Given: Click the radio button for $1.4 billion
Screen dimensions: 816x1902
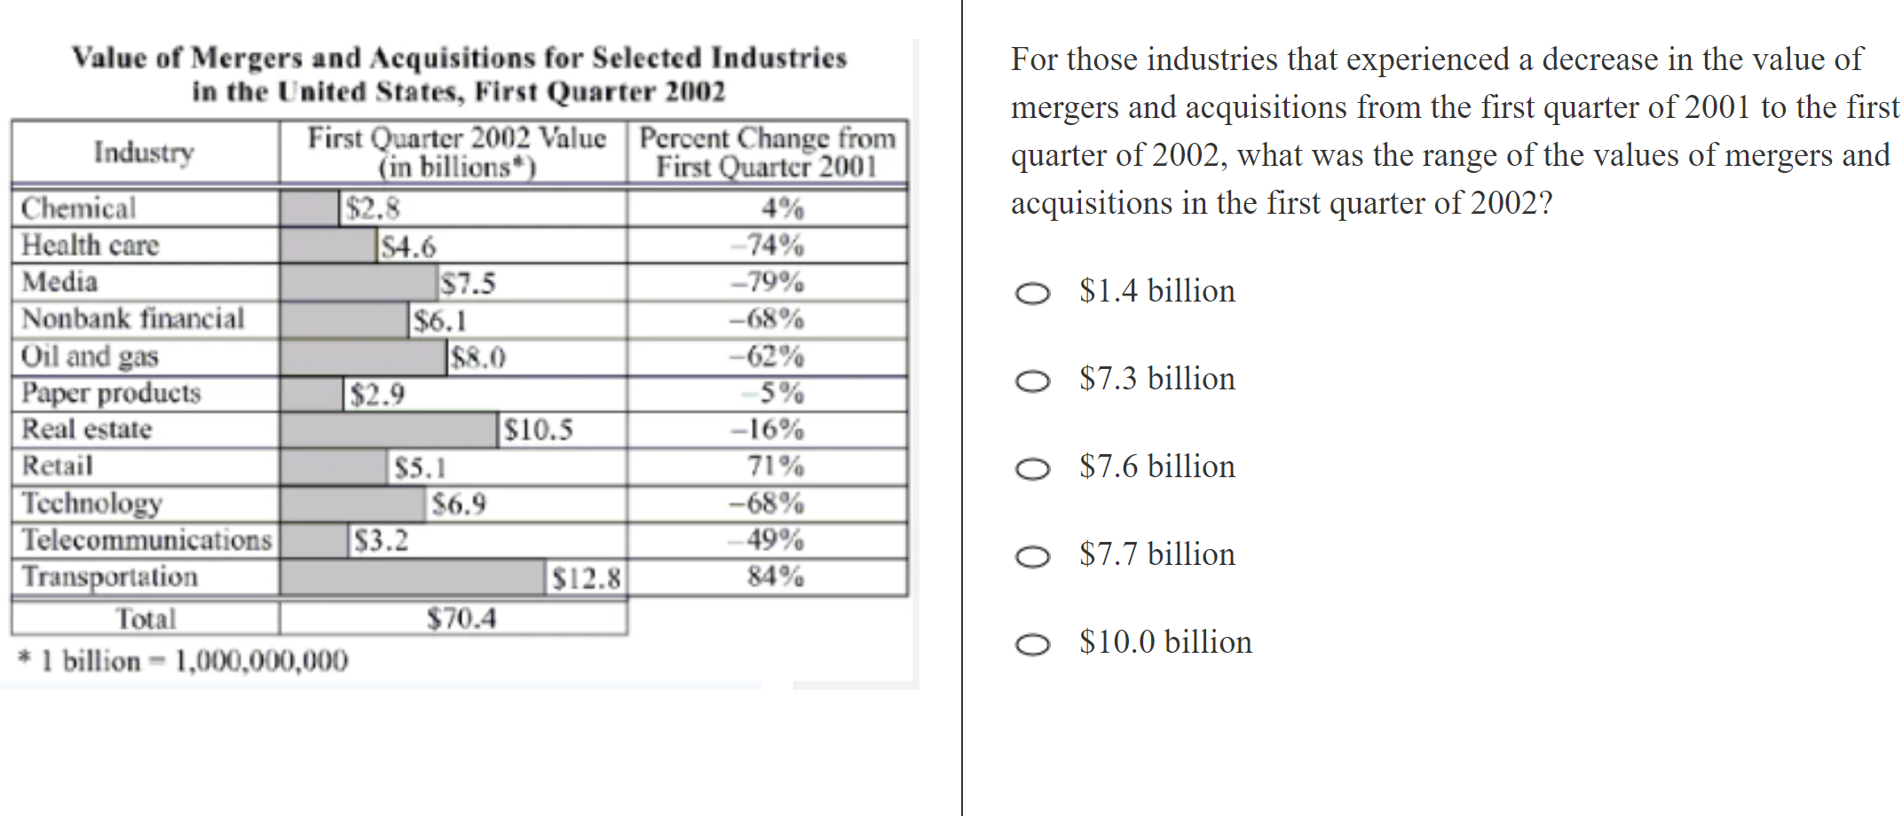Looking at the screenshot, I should point(1032,294).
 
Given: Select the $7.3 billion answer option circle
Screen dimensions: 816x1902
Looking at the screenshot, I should point(1032,381).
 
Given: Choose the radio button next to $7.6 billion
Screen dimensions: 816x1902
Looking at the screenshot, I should point(1032,469).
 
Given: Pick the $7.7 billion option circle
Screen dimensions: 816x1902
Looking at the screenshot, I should point(1032,557).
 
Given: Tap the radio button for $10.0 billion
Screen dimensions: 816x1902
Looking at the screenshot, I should point(1032,645).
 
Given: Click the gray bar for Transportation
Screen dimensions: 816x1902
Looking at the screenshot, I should point(412,577).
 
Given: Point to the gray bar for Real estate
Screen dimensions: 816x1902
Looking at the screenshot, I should point(388,430).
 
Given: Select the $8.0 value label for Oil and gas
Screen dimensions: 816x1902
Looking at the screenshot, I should point(478,357).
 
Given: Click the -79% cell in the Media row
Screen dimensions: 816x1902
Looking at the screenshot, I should point(768,282).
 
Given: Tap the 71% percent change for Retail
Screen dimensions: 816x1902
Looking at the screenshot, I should point(776,466).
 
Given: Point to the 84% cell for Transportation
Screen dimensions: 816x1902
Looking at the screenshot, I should point(776,577).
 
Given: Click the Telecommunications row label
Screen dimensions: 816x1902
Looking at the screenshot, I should point(146,540).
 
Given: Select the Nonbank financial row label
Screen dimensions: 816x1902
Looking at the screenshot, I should point(133,318).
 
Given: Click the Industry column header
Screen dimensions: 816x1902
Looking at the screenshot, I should point(144,153).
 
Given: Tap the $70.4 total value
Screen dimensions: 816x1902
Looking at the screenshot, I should point(462,618).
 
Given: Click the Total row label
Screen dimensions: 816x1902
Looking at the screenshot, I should point(146,618).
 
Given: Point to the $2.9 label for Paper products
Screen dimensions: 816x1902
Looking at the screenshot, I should point(377,394).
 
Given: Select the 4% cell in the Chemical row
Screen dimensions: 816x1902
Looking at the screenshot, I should point(783,208).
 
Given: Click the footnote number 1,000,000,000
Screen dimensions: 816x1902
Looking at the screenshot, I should point(262,661).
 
